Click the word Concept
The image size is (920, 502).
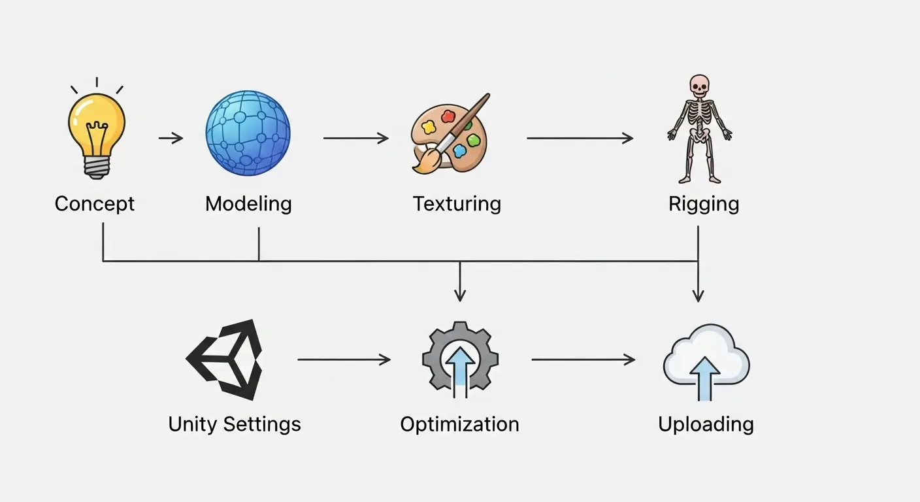click(x=95, y=204)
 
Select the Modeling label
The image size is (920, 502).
click(x=248, y=204)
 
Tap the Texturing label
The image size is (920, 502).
click(x=457, y=204)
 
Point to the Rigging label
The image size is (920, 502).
click(x=704, y=204)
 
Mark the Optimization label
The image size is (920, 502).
click(x=459, y=424)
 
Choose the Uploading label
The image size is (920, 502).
click(x=706, y=424)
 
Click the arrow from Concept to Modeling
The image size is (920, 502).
click(x=171, y=138)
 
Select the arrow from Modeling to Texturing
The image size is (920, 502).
click(x=355, y=138)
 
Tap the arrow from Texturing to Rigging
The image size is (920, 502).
click(x=580, y=138)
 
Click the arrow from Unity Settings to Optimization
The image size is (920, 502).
click(x=344, y=360)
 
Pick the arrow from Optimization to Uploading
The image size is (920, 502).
click(x=583, y=360)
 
